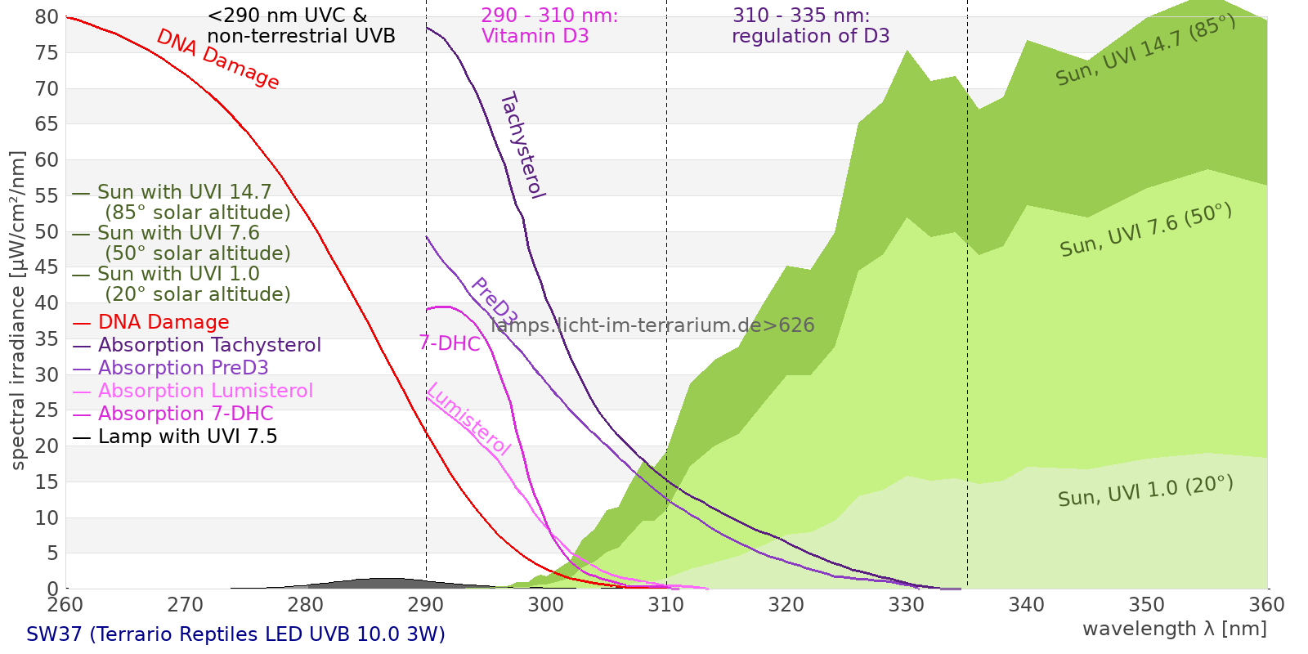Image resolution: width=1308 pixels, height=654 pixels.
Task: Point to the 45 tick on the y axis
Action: click(x=47, y=267)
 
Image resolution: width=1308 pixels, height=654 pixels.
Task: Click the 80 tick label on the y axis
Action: click(x=47, y=17)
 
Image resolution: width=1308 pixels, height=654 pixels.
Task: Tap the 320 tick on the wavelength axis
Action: click(x=786, y=605)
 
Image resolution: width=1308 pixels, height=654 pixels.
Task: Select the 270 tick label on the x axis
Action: click(x=186, y=605)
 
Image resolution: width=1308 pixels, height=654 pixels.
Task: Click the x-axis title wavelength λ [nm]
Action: click(x=1174, y=629)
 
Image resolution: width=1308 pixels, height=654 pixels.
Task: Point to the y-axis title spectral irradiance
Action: click(x=18, y=311)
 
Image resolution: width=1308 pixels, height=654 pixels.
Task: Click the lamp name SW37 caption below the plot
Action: click(x=235, y=634)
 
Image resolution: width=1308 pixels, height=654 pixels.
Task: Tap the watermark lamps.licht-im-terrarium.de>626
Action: click(x=652, y=325)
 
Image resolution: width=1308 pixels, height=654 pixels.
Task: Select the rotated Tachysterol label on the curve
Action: click(x=522, y=146)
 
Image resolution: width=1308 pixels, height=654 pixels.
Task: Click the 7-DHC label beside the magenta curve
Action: click(x=450, y=343)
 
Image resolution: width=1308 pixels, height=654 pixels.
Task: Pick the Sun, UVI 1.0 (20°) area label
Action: click(x=1144, y=491)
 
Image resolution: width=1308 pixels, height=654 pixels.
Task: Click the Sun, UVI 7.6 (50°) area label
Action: click(x=1144, y=230)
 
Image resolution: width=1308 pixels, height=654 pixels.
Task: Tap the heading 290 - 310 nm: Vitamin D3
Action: click(x=549, y=25)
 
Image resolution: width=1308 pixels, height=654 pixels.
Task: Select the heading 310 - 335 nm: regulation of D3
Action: click(x=810, y=25)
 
